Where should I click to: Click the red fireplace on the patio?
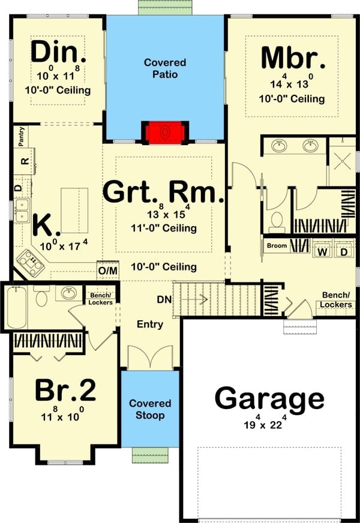(165, 133)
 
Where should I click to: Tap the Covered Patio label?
(165, 68)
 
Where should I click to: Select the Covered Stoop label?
(150, 409)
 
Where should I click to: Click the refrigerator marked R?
(25, 161)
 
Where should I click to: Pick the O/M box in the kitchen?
(108, 270)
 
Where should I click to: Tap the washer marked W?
(322, 252)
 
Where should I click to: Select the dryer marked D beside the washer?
(344, 252)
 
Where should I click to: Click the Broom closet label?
(277, 246)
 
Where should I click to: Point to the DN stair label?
(164, 299)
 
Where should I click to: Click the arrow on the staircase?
(195, 299)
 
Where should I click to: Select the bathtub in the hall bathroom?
(17, 307)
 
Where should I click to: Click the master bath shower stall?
(343, 161)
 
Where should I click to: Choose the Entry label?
(150, 324)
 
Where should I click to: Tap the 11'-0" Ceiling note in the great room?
(163, 228)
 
